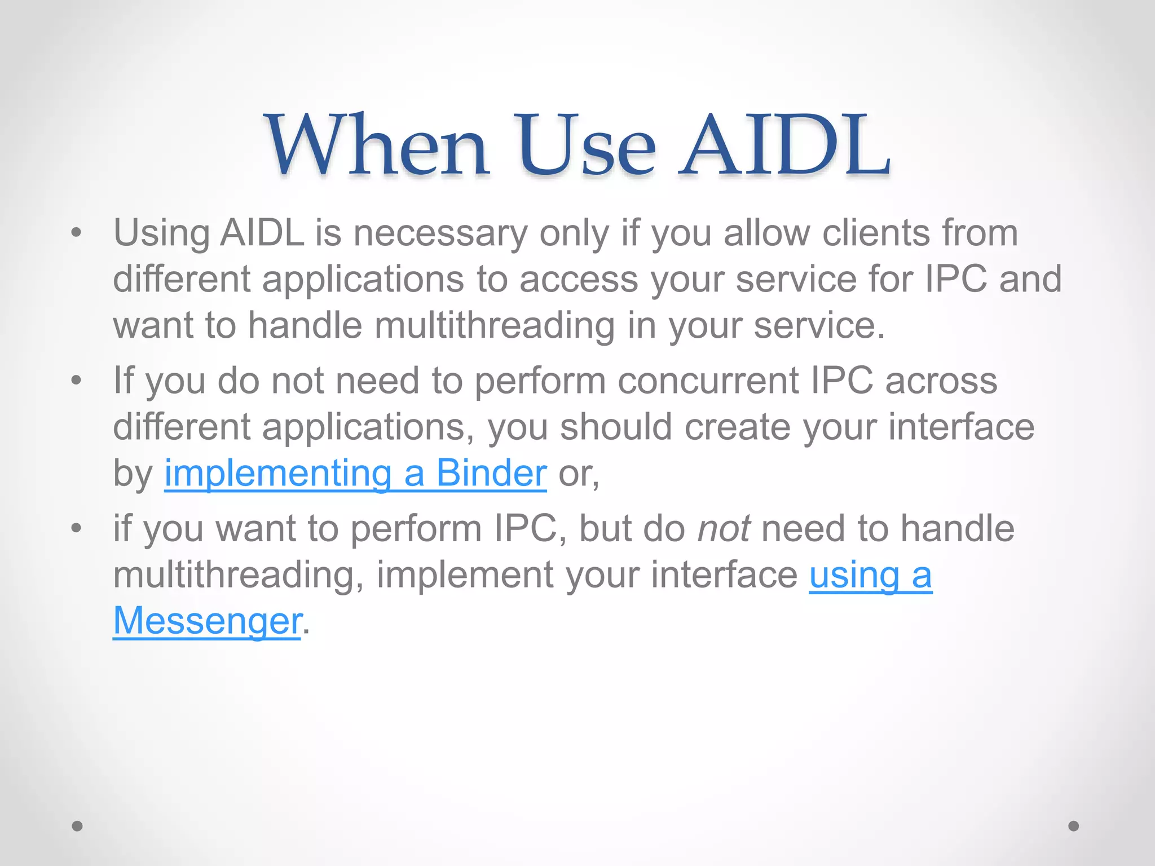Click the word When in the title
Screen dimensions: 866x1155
click(377, 145)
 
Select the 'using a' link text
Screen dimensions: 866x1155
click(870, 575)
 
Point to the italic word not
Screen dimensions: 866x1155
click(724, 529)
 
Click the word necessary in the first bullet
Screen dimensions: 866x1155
click(440, 233)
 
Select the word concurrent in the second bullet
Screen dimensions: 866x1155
click(708, 381)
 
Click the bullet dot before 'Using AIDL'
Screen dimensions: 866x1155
click(77, 232)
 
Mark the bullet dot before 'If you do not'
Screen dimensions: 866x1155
click(77, 380)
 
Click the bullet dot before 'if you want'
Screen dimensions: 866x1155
click(77, 528)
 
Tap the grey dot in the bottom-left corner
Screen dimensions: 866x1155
click(77, 826)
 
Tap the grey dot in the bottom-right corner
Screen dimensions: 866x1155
click(1074, 826)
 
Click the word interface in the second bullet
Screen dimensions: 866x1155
click(962, 427)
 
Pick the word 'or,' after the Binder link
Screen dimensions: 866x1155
click(579, 474)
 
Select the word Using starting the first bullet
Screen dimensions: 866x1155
click(161, 233)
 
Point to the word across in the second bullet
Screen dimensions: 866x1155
click(941, 381)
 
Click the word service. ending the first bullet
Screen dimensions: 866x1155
click(819, 325)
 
